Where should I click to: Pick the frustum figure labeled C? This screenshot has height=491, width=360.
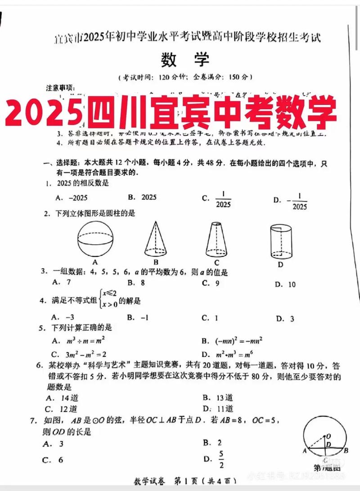tap(216, 240)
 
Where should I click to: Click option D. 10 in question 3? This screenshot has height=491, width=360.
tap(286, 284)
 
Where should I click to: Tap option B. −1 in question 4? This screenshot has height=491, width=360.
tap(138, 318)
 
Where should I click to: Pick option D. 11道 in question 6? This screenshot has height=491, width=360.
tap(218, 409)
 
